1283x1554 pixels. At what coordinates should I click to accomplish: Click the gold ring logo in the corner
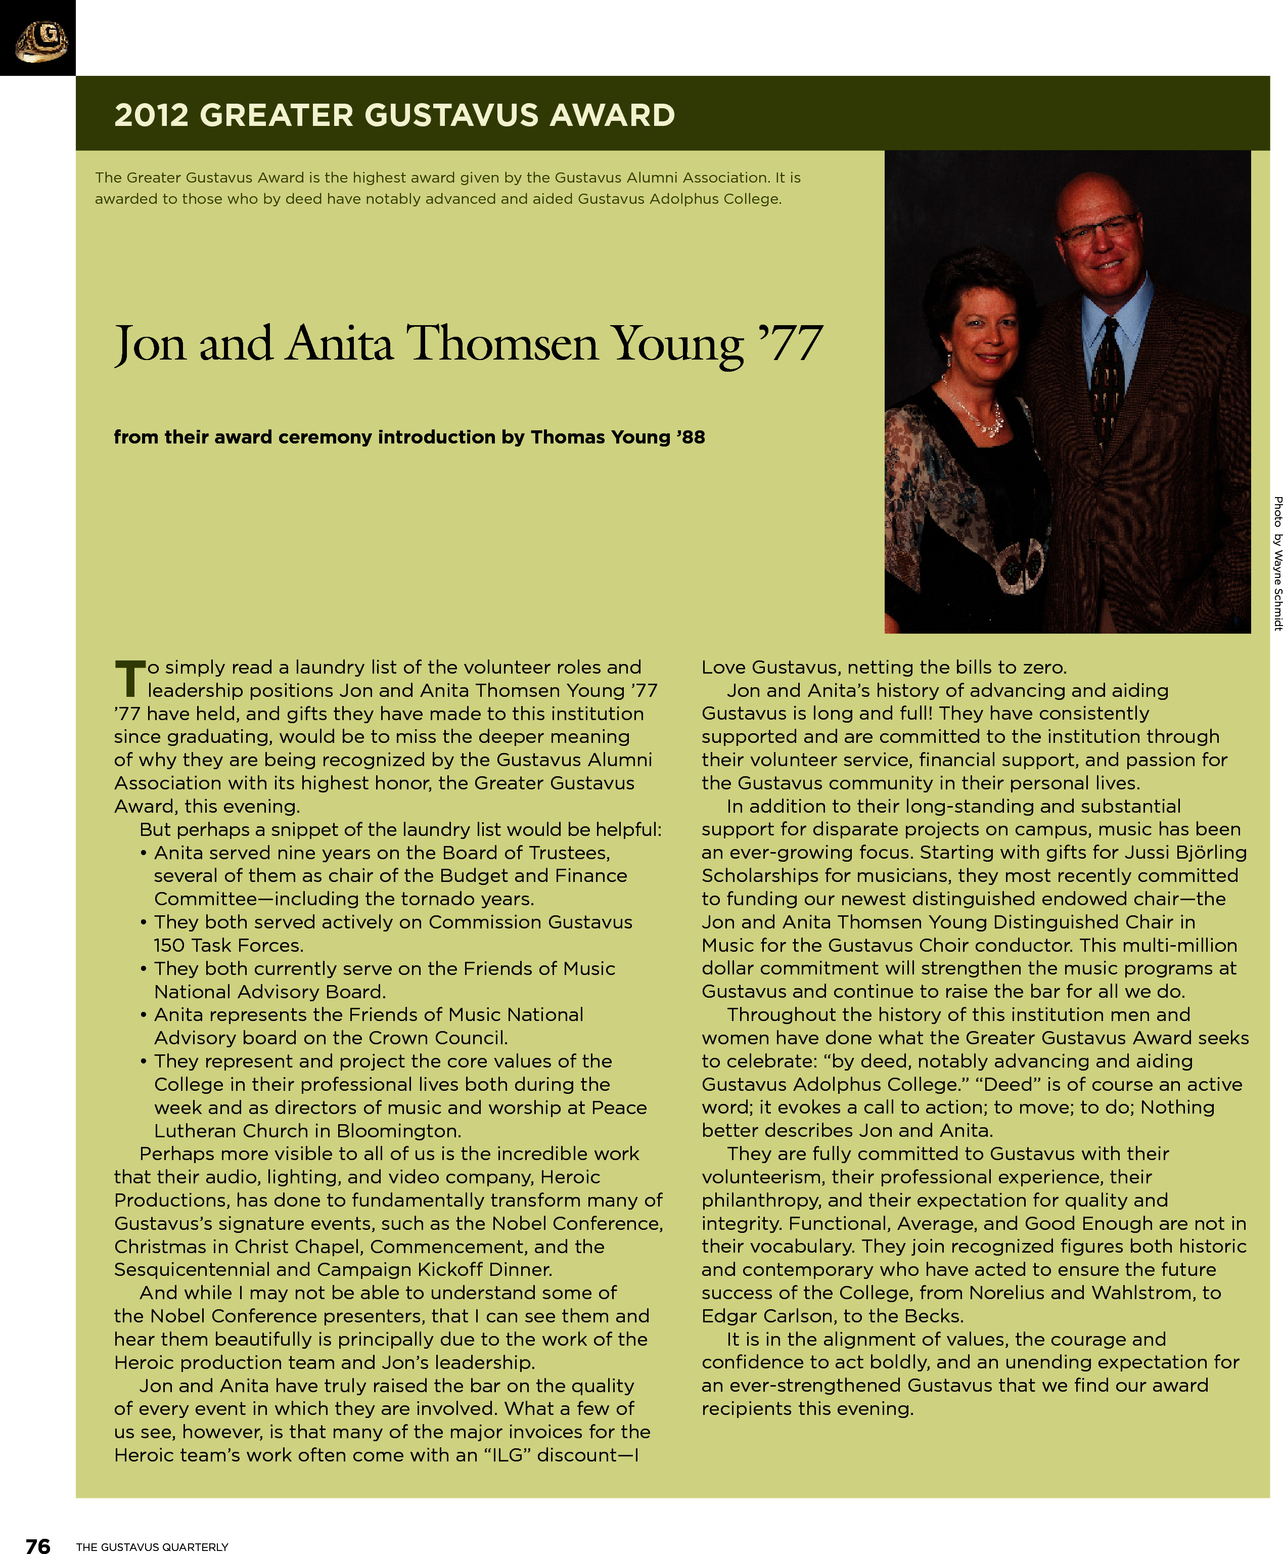click(x=40, y=40)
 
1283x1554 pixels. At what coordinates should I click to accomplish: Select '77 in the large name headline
click(x=790, y=344)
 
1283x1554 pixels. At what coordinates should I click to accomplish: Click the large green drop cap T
click(x=129, y=679)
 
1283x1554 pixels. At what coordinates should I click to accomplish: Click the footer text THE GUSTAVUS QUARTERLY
click(x=152, y=1546)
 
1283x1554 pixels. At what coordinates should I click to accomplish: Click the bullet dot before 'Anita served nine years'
click(x=144, y=853)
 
